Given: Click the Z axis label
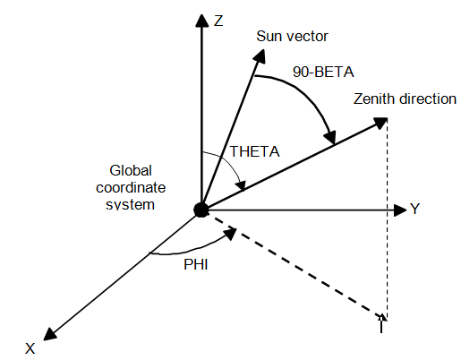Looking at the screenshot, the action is coord(218,21).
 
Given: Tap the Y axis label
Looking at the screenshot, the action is coord(414,209).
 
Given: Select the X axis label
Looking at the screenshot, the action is coord(30,348).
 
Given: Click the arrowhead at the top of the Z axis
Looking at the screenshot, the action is coord(202,21).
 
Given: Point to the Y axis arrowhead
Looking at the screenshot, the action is coord(400,210).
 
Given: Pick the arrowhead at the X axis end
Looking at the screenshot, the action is coord(50,334).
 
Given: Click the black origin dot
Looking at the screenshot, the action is coord(201,210).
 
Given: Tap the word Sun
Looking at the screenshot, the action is coord(267,36).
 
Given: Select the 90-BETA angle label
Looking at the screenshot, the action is coord(323,72).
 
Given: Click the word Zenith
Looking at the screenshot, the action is coord(373,99).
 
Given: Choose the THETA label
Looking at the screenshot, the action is coord(254,151).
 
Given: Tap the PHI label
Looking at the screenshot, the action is coord(196,264).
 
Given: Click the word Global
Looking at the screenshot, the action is coord(131,170).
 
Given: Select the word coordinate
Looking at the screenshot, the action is coord(131,187).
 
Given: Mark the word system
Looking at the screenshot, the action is coord(131,205).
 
